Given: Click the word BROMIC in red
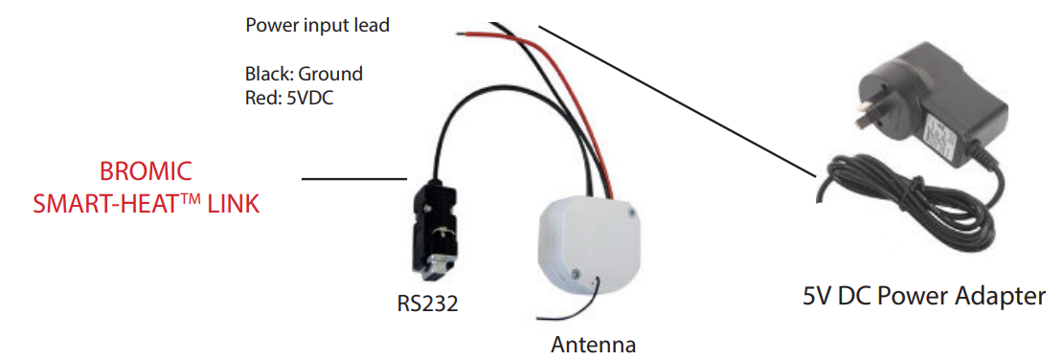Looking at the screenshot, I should pos(147,172).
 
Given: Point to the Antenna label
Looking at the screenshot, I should pos(593,344).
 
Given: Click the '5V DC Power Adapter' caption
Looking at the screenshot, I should pos(924,295).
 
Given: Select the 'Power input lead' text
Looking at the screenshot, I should pos(317,26).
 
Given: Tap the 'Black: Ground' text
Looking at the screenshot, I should pos(304,73).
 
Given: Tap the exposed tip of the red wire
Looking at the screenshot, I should pos(466,34).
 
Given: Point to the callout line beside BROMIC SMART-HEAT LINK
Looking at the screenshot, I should pos(354,178).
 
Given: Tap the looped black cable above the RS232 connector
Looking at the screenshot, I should pos(450,115).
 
